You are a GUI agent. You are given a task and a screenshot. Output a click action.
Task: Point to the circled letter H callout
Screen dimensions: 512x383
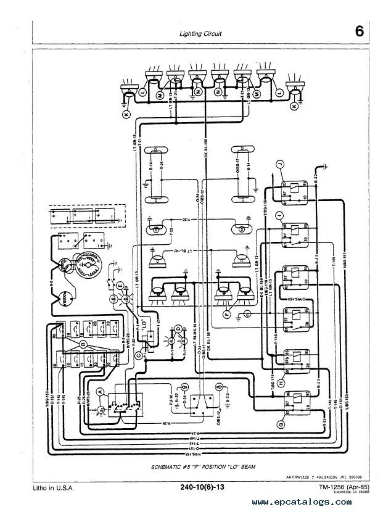tap(280, 382)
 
